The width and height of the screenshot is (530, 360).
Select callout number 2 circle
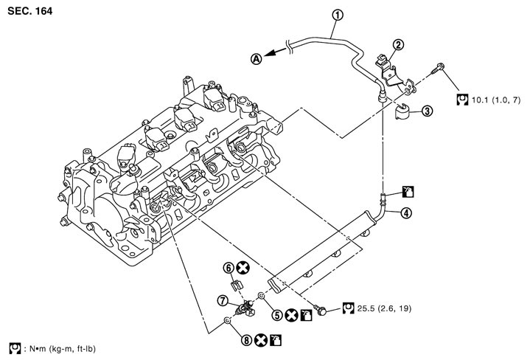tap(397, 44)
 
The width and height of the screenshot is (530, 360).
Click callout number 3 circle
tap(427, 111)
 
